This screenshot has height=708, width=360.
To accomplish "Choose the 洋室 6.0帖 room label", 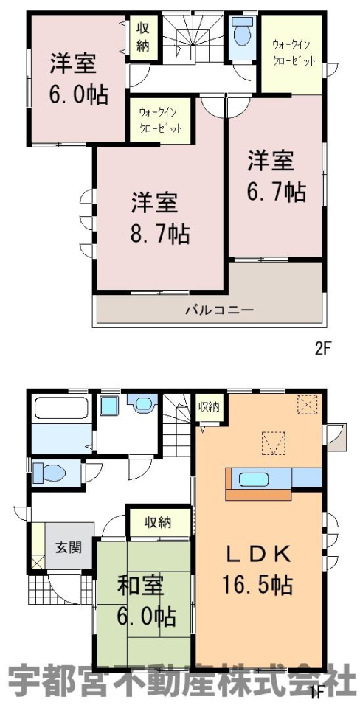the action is pos(79,79).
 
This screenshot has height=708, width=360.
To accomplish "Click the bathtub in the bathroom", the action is pos(61,409).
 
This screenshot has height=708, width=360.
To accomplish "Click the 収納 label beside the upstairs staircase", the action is pos(142,38).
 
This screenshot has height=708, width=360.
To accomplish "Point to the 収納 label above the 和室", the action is pos(158,523).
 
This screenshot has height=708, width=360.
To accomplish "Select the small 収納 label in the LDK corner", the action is pos(208,406).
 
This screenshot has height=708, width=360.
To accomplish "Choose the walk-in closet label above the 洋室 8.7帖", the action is pos(160,119).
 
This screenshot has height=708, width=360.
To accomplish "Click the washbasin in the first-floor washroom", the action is pos(109,405).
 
